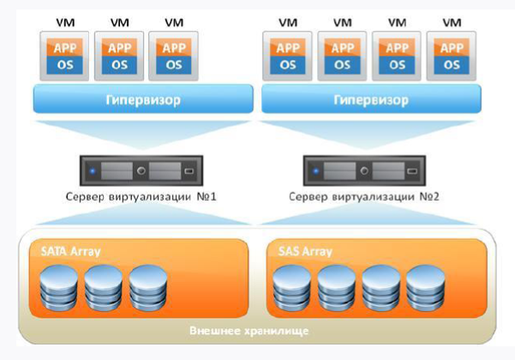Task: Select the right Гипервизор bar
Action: (x=370, y=100)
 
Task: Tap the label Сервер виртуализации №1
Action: (x=141, y=199)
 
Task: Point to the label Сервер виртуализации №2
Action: (x=368, y=199)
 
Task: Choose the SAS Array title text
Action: (x=306, y=253)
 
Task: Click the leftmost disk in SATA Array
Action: (x=58, y=286)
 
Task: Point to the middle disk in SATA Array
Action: (x=103, y=286)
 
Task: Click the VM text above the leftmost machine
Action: (x=64, y=21)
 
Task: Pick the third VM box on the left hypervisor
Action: (x=173, y=56)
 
